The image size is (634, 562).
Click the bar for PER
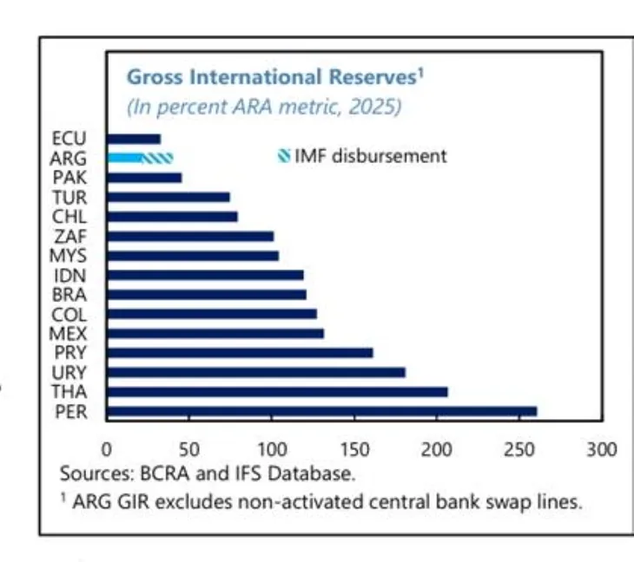[x=321, y=411]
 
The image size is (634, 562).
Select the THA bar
[x=277, y=392]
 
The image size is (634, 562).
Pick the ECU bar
[x=134, y=138]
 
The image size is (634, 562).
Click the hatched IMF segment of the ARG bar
[x=158, y=158]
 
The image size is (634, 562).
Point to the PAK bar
[x=144, y=178]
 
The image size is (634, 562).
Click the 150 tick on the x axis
[x=354, y=449]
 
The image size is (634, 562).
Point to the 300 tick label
[x=602, y=449]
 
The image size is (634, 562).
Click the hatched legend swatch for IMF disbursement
[x=283, y=157]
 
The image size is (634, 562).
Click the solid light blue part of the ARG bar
[x=124, y=158]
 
